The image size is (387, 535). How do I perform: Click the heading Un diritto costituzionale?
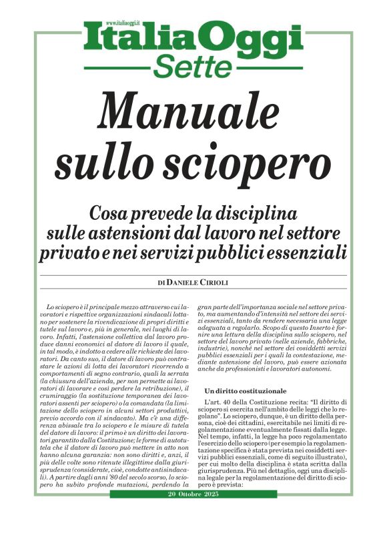click(245, 390)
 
